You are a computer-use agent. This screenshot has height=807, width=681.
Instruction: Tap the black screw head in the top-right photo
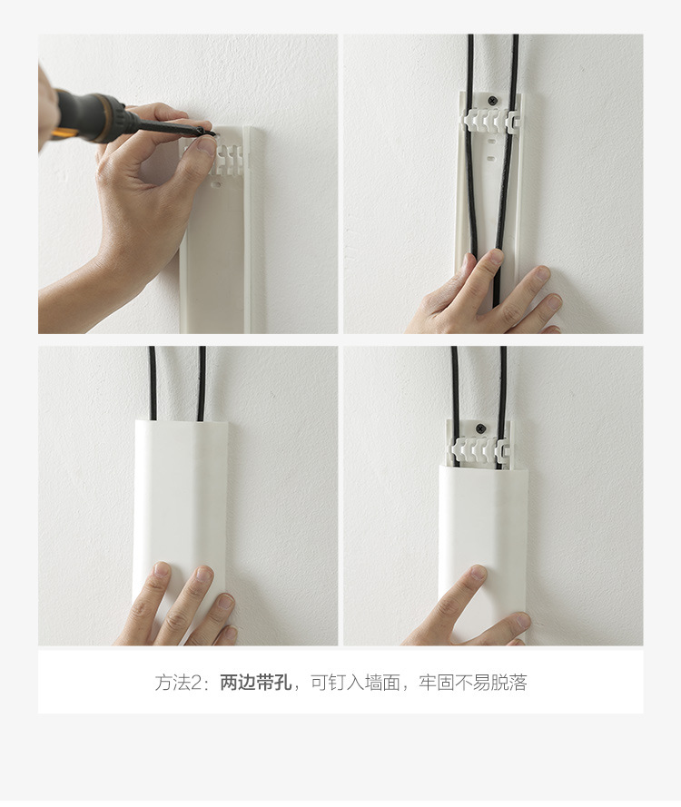(x=492, y=100)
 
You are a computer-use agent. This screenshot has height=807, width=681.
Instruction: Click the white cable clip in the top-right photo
(x=490, y=120)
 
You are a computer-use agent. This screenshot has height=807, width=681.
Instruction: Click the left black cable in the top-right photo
(x=471, y=182)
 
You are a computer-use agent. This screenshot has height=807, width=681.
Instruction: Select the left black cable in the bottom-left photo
(x=153, y=381)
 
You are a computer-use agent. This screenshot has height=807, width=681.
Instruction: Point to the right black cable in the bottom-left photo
(x=202, y=381)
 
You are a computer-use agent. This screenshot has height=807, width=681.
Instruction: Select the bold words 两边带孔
(x=256, y=683)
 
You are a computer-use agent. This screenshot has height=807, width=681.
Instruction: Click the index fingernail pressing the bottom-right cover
(x=476, y=576)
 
